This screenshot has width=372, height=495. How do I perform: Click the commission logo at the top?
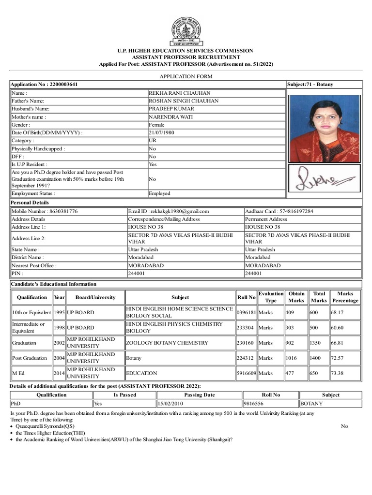186,31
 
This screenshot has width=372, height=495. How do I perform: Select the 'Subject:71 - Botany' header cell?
310,85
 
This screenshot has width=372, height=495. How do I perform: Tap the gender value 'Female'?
156,125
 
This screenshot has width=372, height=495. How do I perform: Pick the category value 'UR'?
153,141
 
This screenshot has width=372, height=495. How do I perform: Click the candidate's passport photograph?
324,128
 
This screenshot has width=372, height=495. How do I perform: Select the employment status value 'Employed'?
159,193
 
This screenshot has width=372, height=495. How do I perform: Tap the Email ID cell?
169,211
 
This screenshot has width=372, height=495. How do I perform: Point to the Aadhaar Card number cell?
279,211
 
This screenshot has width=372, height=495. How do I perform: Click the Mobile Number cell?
45,211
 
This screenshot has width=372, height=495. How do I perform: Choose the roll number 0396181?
246,313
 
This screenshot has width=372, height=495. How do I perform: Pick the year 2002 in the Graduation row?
59,343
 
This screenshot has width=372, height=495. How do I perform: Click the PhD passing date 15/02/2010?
170,403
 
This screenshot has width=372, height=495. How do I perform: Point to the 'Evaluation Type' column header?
271,297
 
